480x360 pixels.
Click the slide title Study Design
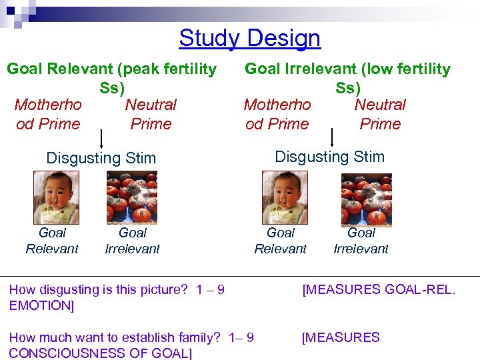(x=249, y=38)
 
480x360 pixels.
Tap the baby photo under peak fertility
(x=56, y=197)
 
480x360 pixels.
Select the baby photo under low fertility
(x=285, y=197)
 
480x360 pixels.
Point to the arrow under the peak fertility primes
(x=101, y=139)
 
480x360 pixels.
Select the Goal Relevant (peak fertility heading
(x=111, y=69)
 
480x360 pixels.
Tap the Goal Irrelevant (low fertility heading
(x=347, y=69)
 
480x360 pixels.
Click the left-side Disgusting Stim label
(x=101, y=158)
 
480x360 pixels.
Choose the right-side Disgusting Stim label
(x=329, y=157)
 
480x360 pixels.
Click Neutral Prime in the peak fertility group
(x=151, y=114)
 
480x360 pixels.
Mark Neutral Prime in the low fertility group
(x=380, y=114)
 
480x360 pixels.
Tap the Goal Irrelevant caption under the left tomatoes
(x=132, y=241)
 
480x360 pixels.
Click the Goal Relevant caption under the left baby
(x=52, y=241)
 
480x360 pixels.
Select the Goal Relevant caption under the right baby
(x=280, y=241)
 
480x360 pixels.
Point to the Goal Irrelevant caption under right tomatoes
(x=361, y=241)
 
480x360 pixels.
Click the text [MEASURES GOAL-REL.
(x=379, y=289)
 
